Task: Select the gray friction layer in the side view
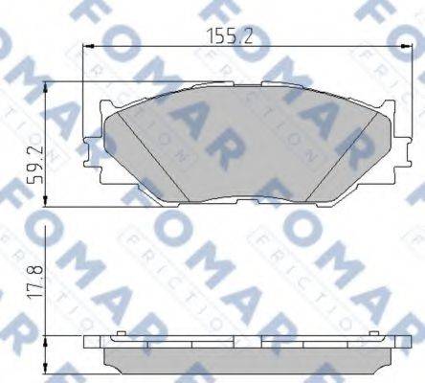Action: click(x=239, y=361)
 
